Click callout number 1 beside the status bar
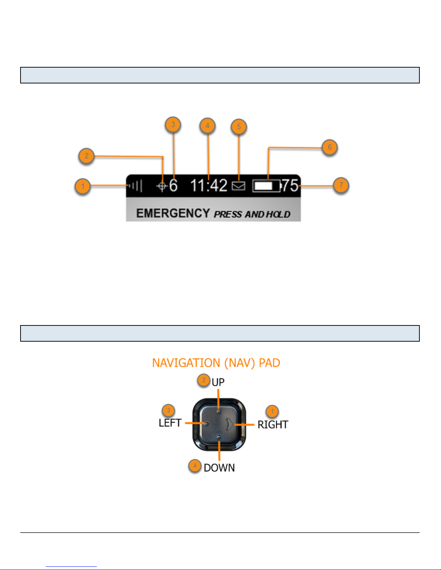pyautogui.click(x=83, y=187)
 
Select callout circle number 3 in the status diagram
pyautogui.click(x=173, y=125)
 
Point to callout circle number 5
pyautogui.click(x=239, y=127)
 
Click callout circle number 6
pyautogui.click(x=329, y=147)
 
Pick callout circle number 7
pyautogui.click(x=341, y=186)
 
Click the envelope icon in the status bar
pyautogui.click(x=238, y=186)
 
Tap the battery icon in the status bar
pyautogui.click(x=266, y=186)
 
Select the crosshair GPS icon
pyautogui.click(x=162, y=186)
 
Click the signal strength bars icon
pyautogui.click(x=136, y=186)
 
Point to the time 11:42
pyautogui.click(x=209, y=186)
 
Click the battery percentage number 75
pyautogui.click(x=290, y=186)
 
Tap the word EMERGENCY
pyautogui.click(x=173, y=213)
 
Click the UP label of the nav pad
pyautogui.click(x=218, y=382)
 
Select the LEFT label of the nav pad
pyautogui.click(x=170, y=423)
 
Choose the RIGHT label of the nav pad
pyautogui.click(x=273, y=425)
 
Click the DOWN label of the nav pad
pyautogui.click(x=219, y=468)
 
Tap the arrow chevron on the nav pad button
pyautogui.click(x=229, y=424)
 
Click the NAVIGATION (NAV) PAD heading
pyautogui.click(x=216, y=363)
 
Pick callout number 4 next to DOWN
pyautogui.click(x=195, y=466)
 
